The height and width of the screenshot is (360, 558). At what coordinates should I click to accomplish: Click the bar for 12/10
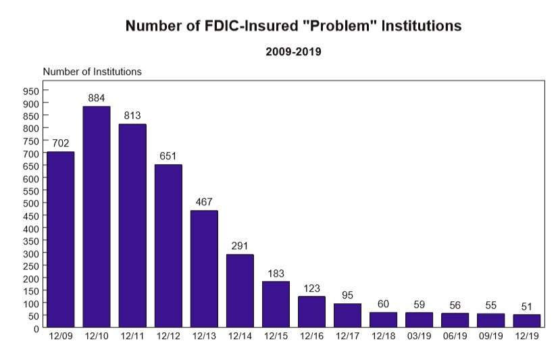click(97, 217)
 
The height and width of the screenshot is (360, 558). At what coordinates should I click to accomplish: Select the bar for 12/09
click(61, 240)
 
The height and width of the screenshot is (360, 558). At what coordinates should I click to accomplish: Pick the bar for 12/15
click(276, 305)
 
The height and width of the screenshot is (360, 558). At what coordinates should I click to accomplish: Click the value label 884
click(97, 98)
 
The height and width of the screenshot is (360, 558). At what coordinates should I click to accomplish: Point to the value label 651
click(168, 156)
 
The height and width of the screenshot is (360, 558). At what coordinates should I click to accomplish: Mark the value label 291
click(240, 246)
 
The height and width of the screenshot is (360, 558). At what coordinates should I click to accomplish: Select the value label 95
click(347, 295)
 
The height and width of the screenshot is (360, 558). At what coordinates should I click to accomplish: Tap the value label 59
click(419, 304)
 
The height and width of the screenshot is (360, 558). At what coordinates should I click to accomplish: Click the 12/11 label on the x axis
click(132, 336)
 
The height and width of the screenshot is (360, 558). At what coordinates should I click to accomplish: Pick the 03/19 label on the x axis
click(419, 336)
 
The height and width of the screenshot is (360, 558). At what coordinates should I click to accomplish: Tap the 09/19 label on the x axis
click(490, 336)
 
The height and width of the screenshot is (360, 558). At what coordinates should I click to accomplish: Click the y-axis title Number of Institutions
click(92, 72)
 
